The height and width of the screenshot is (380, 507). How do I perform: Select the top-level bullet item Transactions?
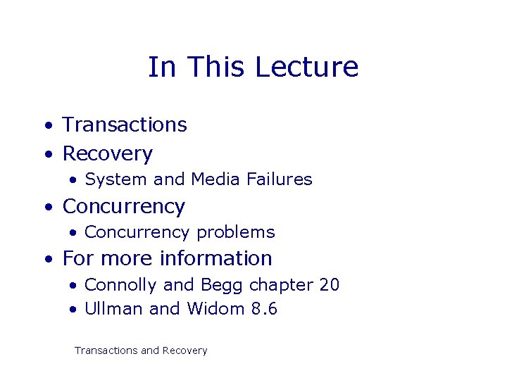125,125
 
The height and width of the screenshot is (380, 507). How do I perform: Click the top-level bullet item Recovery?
107,153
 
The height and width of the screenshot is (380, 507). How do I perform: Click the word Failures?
279,179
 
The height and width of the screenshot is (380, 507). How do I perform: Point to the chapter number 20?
329,285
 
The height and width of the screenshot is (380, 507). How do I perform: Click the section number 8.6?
264,309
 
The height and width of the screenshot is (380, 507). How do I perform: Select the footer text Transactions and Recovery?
141,350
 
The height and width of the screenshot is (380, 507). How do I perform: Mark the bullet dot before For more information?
47,260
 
